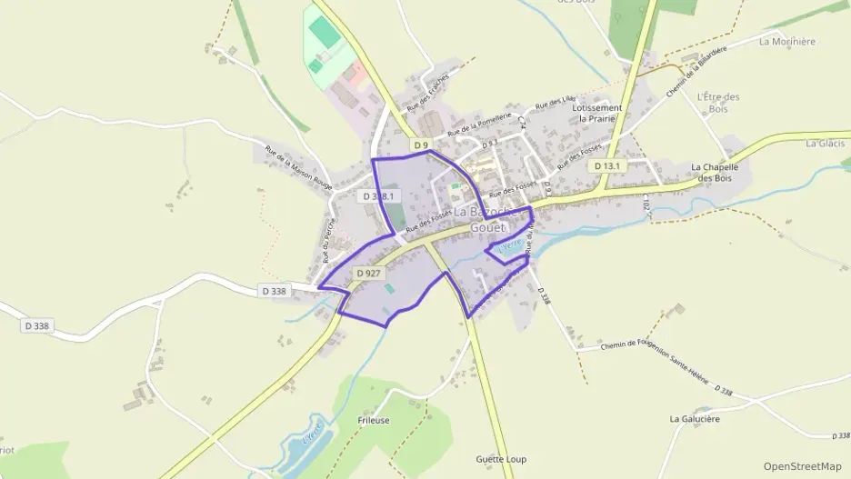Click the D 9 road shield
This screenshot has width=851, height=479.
420,145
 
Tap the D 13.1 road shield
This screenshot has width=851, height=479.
606,166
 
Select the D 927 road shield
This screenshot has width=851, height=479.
368,273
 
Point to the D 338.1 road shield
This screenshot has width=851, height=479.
379,196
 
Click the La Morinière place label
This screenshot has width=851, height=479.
786,42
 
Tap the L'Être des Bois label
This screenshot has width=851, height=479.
718,103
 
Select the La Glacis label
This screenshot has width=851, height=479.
826,144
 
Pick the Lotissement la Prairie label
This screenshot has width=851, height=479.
597,113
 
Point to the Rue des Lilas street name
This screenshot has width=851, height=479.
556,105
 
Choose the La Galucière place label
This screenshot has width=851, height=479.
696,419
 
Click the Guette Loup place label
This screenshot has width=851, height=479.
501,459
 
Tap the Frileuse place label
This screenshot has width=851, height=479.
374,422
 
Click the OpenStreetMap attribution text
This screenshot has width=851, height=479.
803,466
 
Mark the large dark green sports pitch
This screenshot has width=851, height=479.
322,32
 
